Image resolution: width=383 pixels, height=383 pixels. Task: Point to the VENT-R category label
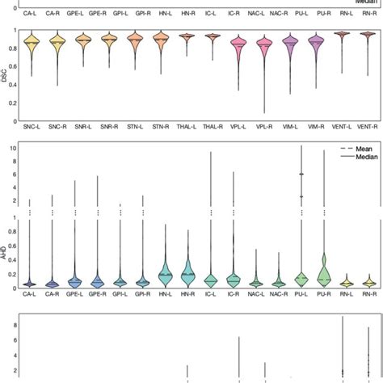click(368, 128)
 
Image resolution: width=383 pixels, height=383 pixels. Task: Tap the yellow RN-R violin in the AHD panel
click(368, 283)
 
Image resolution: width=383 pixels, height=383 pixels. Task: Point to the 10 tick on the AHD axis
click(14, 149)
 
